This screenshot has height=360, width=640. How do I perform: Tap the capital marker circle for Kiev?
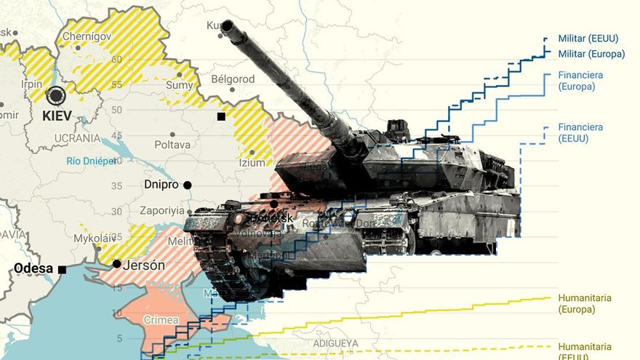point(55,96)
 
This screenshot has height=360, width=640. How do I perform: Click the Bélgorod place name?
point(233,79)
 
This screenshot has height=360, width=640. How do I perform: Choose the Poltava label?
point(172,145)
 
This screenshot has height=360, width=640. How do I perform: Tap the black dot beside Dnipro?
point(187,185)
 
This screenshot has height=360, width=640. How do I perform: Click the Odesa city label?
point(33,269)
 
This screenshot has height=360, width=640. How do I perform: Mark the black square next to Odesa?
point(62,270)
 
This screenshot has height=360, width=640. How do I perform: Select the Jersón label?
point(143,265)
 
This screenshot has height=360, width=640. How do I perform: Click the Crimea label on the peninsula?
point(161,320)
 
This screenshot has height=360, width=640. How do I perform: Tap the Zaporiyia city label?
point(162,210)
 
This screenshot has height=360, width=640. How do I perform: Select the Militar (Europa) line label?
point(591,54)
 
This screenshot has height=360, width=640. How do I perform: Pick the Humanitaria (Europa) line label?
point(585,303)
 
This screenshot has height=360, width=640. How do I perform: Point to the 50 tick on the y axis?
point(116,109)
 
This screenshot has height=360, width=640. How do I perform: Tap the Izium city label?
point(252,163)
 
